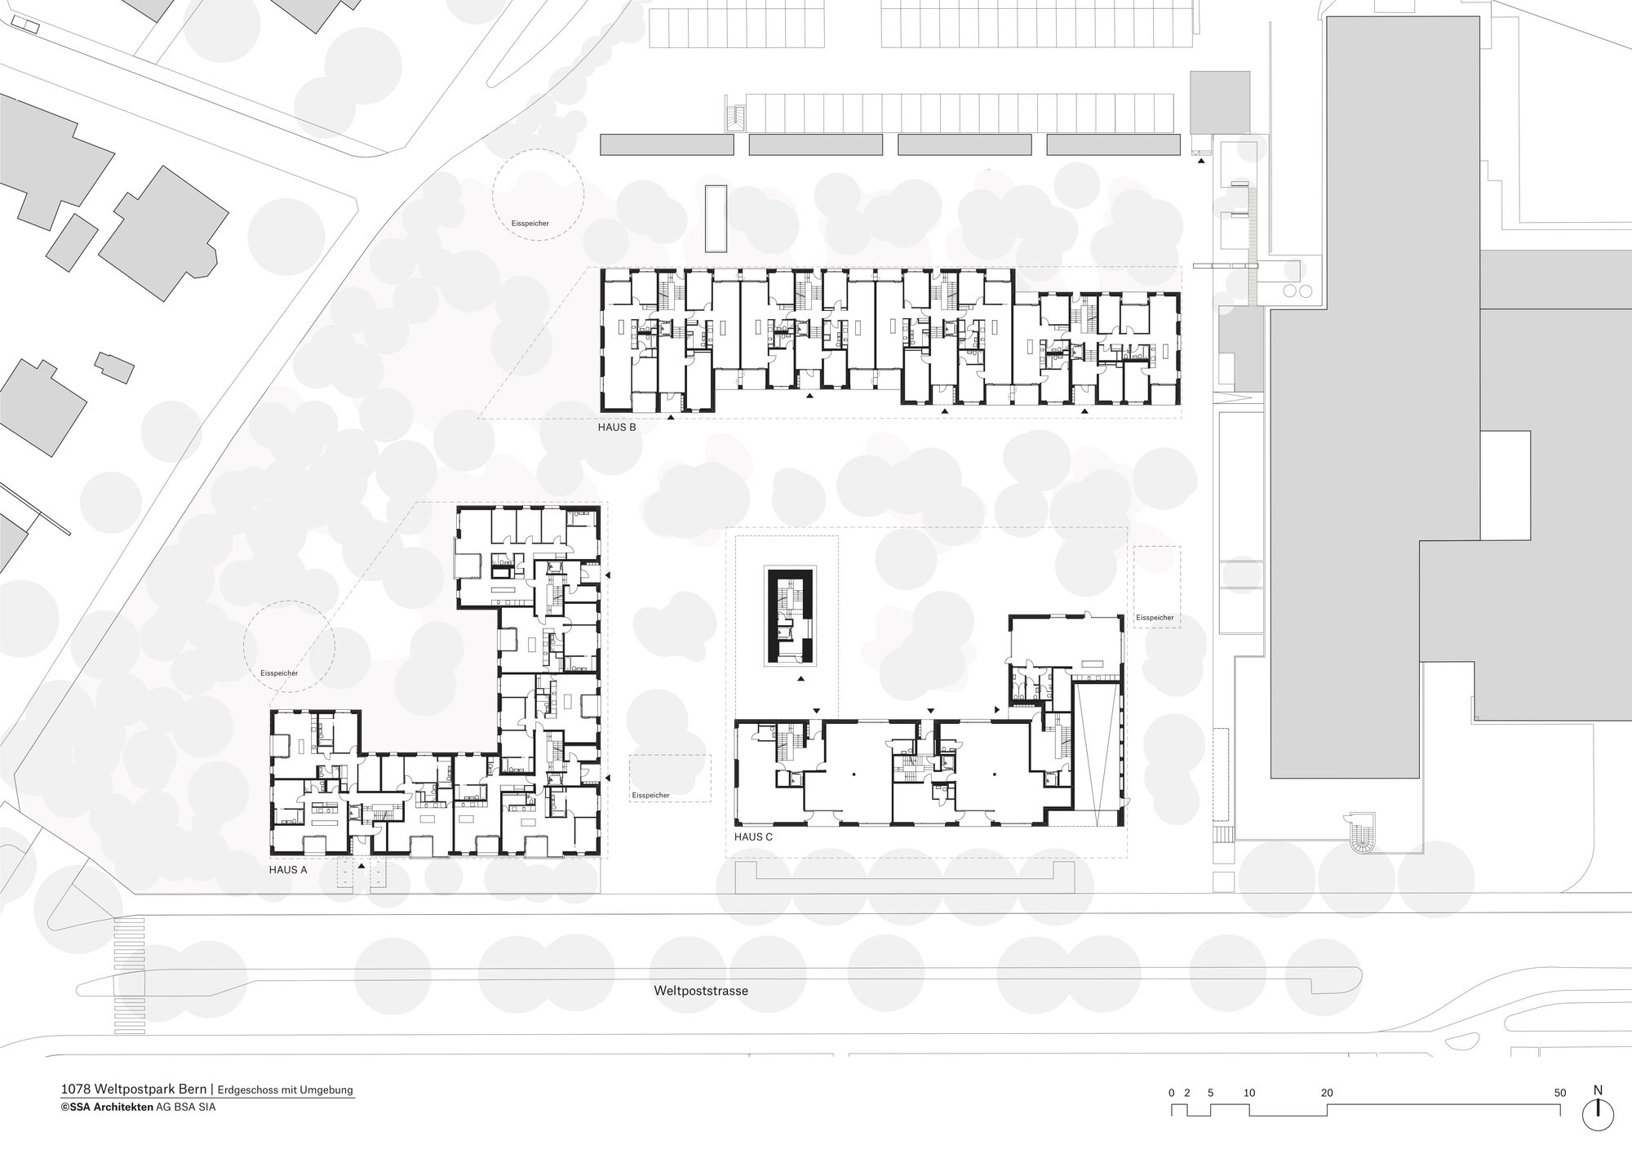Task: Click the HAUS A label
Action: click(x=288, y=870)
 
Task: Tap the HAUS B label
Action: click(x=617, y=427)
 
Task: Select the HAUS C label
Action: click(x=753, y=837)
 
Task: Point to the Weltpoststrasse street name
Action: click(x=701, y=991)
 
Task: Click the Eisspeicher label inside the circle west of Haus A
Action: click(x=278, y=673)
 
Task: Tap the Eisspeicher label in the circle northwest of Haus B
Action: click(x=530, y=223)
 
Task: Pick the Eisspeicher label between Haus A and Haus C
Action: click(x=650, y=795)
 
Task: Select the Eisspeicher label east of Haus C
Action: click(x=1155, y=618)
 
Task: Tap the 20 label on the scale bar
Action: click(x=1327, y=1093)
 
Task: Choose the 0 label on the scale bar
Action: click(x=1171, y=1093)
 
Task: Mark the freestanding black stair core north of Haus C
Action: click(x=789, y=616)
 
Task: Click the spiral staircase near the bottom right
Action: click(x=1361, y=834)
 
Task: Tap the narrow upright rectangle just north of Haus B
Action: click(x=716, y=219)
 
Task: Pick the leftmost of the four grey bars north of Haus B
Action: click(x=667, y=144)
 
